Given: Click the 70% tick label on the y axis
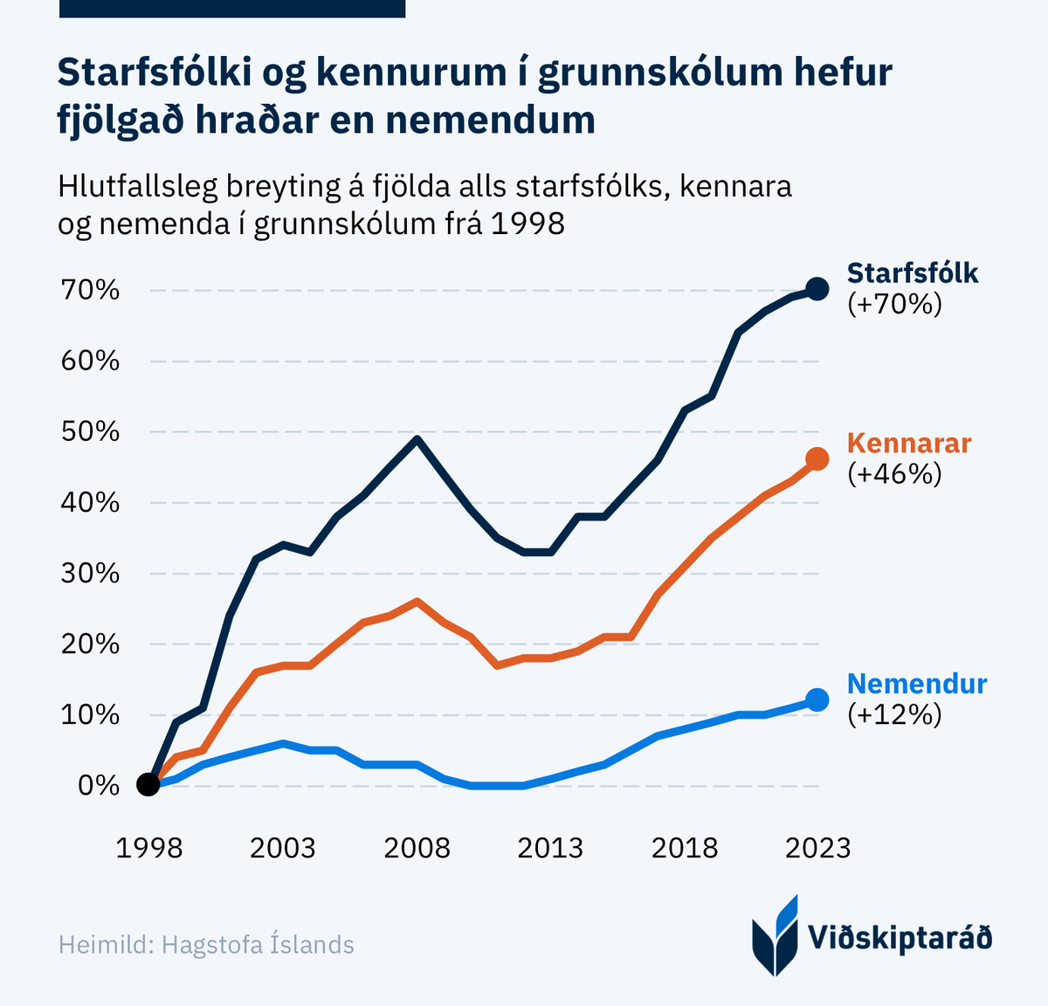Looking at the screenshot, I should [90, 290].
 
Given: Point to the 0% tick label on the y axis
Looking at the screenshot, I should [98, 785].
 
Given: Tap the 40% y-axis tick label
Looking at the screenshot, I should [90, 503].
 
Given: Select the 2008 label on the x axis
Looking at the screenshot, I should [417, 848].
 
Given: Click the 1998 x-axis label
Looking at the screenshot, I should [149, 848].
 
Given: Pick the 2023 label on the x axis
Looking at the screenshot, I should [817, 848].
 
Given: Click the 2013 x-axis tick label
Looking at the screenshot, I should [550, 848].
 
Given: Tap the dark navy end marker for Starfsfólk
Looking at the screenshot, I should [817, 289].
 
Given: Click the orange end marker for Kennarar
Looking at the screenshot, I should [817, 458].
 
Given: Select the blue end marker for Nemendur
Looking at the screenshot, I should [817, 699].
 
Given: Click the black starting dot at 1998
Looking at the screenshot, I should [149, 785].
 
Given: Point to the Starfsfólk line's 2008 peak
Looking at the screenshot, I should [417, 438].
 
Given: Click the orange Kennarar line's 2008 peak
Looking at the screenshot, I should [417, 601].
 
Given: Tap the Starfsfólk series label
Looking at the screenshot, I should [913, 273].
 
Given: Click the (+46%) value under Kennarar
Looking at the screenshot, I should [895, 474].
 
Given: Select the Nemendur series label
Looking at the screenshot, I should [917, 684].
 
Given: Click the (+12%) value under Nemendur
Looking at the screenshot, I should [895, 715].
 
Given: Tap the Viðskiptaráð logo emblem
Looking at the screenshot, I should [776, 936].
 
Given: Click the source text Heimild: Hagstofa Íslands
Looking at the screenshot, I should [206, 945].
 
